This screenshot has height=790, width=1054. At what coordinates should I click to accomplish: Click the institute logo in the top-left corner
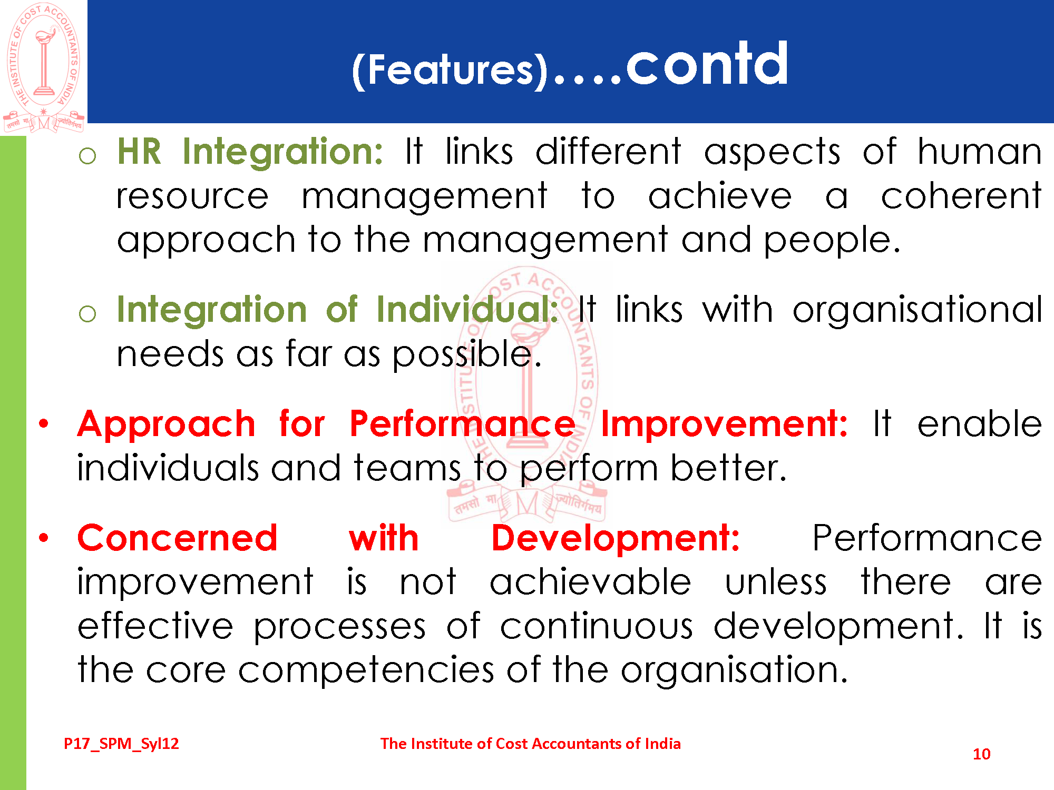click(x=44, y=67)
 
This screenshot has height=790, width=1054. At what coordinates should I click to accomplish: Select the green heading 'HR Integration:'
click(x=250, y=152)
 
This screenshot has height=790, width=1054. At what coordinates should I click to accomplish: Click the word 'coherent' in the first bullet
click(x=961, y=196)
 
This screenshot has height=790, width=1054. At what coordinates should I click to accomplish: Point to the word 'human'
click(x=980, y=152)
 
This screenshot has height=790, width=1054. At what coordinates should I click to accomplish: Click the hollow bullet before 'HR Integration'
click(x=87, y=155)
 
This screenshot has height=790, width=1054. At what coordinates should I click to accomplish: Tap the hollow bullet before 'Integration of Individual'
click(x=87, y=314)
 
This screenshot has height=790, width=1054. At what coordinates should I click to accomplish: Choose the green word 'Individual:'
click(x=467, y=309)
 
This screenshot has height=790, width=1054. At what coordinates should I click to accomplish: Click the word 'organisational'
click(x=917, y=310)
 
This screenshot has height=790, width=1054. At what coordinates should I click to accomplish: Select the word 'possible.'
click(x=467, y=354)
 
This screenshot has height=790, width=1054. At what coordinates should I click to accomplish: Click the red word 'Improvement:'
click(x=724, y=424)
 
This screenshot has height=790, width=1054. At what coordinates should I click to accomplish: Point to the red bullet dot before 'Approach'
click(x=44, y=423)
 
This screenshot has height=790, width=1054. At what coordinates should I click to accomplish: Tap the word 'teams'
click(x=407, y=468)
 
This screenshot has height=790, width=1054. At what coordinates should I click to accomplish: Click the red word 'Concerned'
click(x=177, y=538)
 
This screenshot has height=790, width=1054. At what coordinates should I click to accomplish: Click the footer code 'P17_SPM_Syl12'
click(x=121, y=744)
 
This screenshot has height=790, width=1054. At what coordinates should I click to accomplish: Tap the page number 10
click(x=981, y=754)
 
